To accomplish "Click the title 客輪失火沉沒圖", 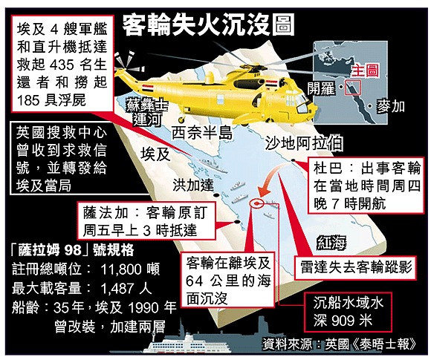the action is point(209,25).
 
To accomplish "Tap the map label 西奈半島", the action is point(202,134).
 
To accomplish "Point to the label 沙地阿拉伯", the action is point(304,143).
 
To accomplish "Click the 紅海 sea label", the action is point(331,243).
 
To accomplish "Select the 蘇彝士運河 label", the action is point(147,112).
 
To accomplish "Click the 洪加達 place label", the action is point(193,185).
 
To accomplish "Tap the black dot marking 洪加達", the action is point(216,195).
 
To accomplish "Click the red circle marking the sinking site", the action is point(257,203).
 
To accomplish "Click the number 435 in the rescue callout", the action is point(62,65).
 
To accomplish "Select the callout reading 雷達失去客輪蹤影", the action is point(355,268).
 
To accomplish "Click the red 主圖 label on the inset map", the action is point(366,71).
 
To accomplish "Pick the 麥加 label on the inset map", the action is point(390,107).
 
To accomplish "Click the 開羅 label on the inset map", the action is point(321,88).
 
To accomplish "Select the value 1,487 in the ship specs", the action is point(118,288).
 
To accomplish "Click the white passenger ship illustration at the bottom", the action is point(192,343).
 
